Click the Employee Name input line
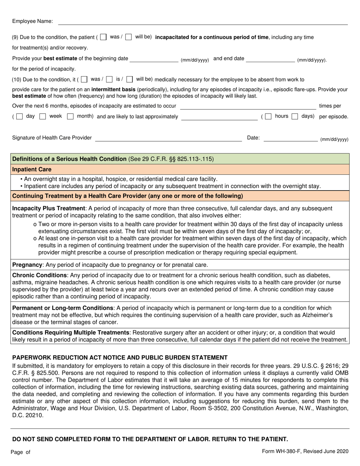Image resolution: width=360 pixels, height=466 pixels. (203, 22)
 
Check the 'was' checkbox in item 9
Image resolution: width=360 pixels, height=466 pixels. (103, 37)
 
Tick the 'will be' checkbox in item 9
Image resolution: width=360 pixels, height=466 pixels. (128, 37)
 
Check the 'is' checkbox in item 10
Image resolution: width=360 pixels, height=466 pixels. (110, 79)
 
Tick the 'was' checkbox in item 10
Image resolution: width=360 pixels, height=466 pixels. (84, 79)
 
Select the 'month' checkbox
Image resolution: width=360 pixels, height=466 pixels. (70, 116)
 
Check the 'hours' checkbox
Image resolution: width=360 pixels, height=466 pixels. (268, 116)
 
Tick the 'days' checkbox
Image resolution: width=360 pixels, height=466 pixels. (295, 116)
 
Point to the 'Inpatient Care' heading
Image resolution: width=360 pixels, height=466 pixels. (32, 169)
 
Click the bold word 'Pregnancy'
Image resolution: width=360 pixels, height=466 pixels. (27, 265)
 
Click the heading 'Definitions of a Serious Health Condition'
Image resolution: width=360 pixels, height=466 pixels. (69, 159)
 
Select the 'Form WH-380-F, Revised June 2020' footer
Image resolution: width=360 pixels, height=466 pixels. (305, 451)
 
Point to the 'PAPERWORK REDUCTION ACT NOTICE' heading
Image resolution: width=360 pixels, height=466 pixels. (120, 357)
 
